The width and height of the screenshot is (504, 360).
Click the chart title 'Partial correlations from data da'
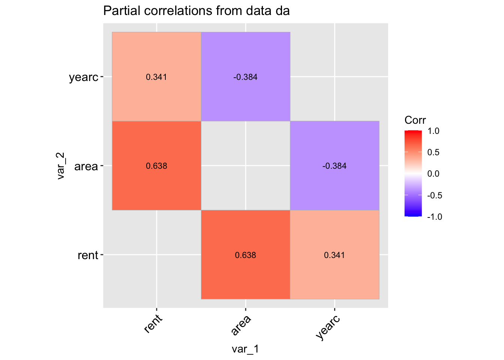[x=196, y=11]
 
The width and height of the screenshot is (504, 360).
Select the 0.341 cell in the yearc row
[x=156, y=77]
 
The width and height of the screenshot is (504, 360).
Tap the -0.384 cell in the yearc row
[x=246, y=77]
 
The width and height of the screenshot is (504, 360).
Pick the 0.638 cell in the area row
[x=156, y=166]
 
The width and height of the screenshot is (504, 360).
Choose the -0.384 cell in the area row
[x=334, y=166]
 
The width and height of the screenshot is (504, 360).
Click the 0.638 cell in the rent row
[x=246, y=255]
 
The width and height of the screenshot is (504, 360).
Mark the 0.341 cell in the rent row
[x=334, y=255]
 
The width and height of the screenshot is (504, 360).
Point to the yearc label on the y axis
[x=84, y=78]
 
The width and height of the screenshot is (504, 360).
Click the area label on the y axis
[x=86, y=166]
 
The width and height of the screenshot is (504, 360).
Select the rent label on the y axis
[x=88, y=255]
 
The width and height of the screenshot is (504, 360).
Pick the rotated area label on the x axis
[x=241, y=325]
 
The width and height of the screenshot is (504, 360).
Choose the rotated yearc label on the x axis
[x=328, y=327]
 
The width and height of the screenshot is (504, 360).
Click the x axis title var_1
[x=245, y=349]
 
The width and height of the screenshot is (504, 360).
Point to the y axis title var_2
[x=61, y=166]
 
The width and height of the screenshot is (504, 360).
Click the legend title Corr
[x=415, y=120]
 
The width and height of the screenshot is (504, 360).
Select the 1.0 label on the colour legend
[x=433, y=131]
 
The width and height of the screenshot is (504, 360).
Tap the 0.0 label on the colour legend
[x=433, y=174]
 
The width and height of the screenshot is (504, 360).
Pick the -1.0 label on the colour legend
[x=434, y=217]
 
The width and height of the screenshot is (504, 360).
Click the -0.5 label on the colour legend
[x=434, y=195]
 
